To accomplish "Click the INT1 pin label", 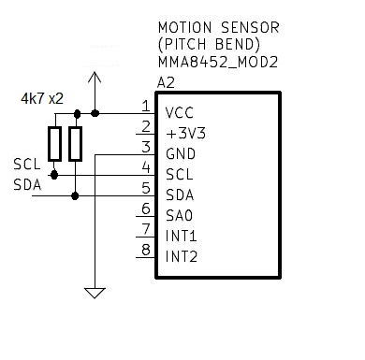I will (182, 236).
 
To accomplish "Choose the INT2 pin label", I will (182, 256).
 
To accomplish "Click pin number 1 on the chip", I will (145, 106).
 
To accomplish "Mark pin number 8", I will (145, 250).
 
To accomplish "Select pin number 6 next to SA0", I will (145, 209).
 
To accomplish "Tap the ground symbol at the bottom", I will (95, 293).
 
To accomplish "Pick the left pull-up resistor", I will (55, 143).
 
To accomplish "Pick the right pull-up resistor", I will (75, 143).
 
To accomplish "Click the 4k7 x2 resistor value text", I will (41, 99).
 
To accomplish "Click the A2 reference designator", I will (166, 82).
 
